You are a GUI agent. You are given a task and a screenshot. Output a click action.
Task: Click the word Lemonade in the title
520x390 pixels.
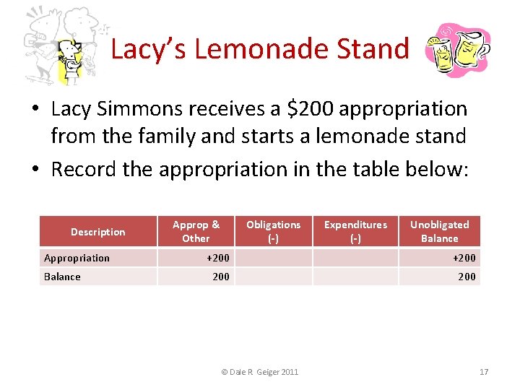click(261, 49)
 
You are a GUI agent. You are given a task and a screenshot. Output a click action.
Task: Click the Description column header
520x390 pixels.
click(98, 232)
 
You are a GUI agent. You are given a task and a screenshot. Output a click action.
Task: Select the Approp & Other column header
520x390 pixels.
click(196, 231)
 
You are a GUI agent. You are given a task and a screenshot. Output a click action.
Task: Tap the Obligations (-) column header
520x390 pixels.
click(273, 231)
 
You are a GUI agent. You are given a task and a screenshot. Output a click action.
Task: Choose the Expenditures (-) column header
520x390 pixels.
click(355, 231)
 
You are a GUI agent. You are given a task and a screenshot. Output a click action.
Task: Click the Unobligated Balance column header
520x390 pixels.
click(439, 231)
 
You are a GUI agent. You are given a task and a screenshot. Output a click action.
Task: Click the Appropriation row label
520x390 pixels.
click(77, 258)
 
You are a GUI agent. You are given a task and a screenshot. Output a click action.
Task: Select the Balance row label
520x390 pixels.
click(63, 277)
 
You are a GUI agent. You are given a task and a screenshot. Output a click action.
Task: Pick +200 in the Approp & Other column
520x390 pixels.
click(217, 258)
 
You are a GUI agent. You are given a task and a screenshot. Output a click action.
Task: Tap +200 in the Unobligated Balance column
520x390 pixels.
click(464, 258)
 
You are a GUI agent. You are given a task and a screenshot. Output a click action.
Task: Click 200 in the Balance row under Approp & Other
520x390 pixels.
click(220, 277)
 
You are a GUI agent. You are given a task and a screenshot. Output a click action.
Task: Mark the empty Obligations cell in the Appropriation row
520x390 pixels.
click(273, 258)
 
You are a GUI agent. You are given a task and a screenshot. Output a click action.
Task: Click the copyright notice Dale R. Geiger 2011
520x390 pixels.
click(259, 372)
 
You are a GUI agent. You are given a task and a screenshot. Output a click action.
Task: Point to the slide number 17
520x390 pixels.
click(484, 372)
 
